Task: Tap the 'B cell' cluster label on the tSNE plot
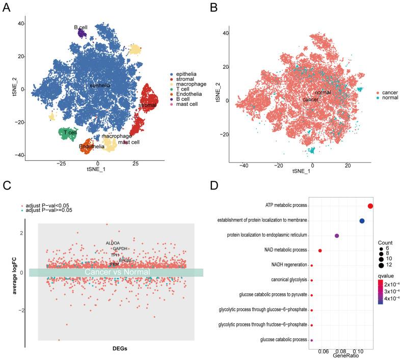81,27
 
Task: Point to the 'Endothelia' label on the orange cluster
90,147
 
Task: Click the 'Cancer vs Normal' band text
117,272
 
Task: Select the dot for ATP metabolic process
370,206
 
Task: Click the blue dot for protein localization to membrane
362,221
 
